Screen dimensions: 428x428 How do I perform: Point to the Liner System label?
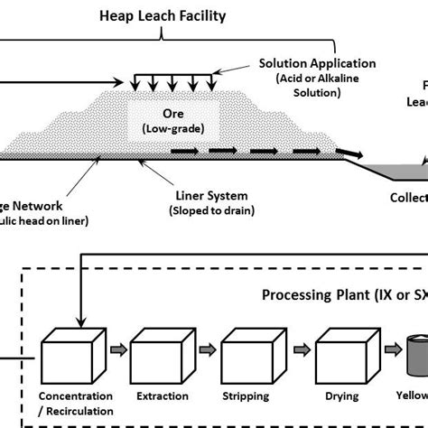click(209, 195)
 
